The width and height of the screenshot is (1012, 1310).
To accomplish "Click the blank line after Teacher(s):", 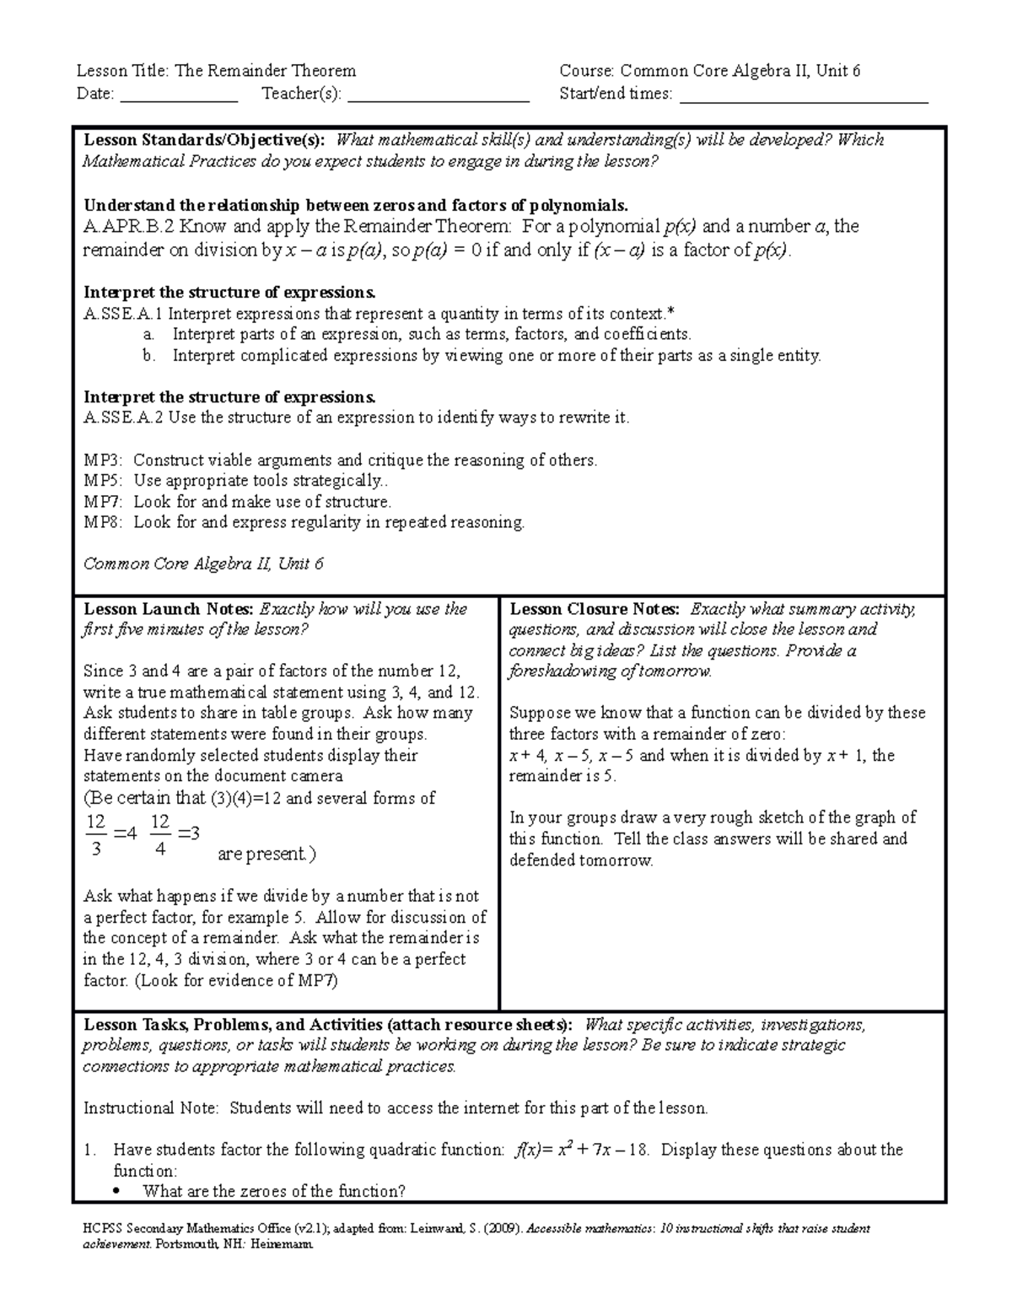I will (438, 95).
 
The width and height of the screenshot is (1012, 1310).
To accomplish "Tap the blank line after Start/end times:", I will (803, 95).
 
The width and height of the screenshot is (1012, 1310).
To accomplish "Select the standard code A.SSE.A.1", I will (124, 314).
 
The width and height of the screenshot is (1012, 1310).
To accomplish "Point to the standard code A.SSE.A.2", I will (124, 418).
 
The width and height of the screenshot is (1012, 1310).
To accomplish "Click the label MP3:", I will (103, 461).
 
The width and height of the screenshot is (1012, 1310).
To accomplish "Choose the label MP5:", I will (103, 481).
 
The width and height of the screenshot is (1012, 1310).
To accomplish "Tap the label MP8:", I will (103, 522).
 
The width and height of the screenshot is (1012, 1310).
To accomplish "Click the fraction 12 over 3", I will (95, 835).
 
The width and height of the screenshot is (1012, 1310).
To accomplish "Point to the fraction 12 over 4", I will (160, 835).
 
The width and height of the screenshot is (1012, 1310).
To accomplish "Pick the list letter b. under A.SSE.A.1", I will (148, 355).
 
